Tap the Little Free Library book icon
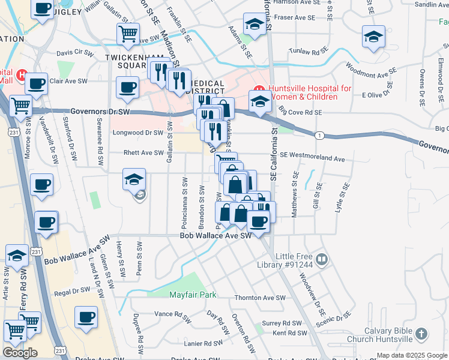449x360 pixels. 322,259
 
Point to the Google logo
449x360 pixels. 20,352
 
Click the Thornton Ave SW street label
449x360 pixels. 260,298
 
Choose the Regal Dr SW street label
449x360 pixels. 71,292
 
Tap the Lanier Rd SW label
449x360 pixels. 205,344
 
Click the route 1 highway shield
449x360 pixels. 320,136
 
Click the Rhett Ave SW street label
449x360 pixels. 143,152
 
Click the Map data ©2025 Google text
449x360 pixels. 412,355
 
